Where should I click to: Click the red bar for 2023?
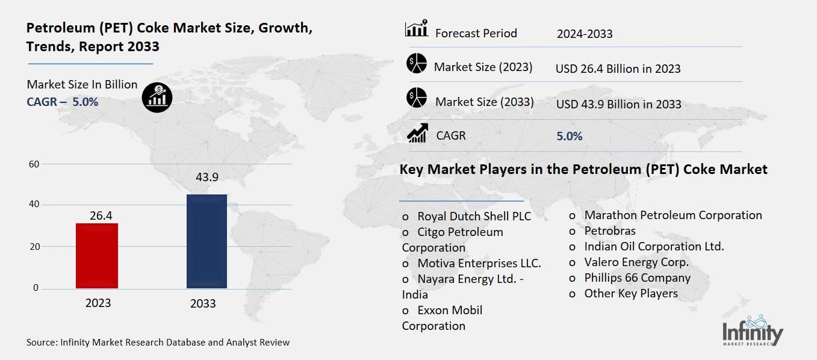tap(97, 255)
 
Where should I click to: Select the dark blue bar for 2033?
tap(207, 241)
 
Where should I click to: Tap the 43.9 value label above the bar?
tap(207, 178)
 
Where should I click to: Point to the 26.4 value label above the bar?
tap(97, 214)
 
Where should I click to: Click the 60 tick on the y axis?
tap(34, 164)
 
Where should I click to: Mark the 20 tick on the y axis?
tap(34, 247)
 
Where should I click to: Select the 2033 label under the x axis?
tap(203, 303)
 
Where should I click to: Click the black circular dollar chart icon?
tap(157, 96)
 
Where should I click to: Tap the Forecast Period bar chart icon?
tap(417, 28)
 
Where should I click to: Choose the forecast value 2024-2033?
tap(585, 34)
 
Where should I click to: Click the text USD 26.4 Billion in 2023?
tap(618, 69)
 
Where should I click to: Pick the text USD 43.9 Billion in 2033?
tap(618, 104)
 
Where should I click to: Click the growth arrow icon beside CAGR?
tap(417, 133)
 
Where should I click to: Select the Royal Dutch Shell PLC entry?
tap(474, 216)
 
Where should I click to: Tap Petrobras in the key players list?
tap(609, 231)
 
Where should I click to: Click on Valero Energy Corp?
tap(636, 262)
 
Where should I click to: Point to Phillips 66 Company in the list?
tap(637, 278)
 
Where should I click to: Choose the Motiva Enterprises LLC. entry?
tap(479, 263)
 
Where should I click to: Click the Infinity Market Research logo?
tap(753, 331)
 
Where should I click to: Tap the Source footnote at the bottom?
tap(158, 342)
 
